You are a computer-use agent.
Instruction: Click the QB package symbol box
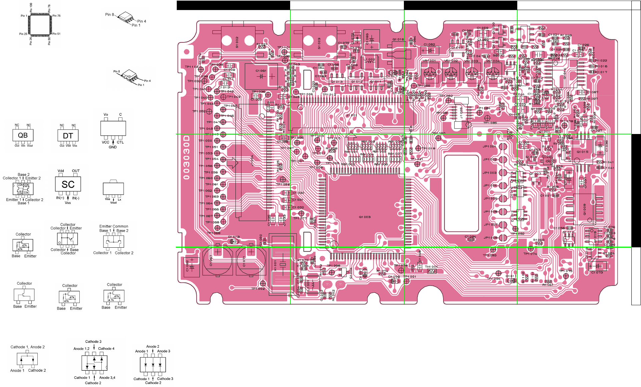(23, 135)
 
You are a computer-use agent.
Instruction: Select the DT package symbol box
(68, 136)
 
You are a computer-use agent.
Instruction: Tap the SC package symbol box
(68, 184)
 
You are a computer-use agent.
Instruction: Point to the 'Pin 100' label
(31, 7)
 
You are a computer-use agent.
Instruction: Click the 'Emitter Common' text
(113, 226)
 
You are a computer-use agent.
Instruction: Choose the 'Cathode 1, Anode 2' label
(27, 347)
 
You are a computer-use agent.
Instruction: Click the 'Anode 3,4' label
(107, 378)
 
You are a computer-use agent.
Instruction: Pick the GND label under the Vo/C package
(113, 147)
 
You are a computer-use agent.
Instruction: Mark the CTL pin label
(120, 142)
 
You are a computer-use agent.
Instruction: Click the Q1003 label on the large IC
(365, 217)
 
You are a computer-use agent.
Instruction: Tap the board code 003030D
(186, 157)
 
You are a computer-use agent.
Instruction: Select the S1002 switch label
(237, 42)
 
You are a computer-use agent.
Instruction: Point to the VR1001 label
(429, 61)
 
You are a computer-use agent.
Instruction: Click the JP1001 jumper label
(489, 146)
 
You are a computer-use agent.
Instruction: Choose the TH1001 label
(431, 267)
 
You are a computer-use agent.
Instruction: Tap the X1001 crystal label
(275, 266)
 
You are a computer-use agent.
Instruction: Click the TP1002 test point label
(258, 289)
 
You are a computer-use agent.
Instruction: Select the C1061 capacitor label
(261, 71)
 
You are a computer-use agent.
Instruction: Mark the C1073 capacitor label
(597, 272)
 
